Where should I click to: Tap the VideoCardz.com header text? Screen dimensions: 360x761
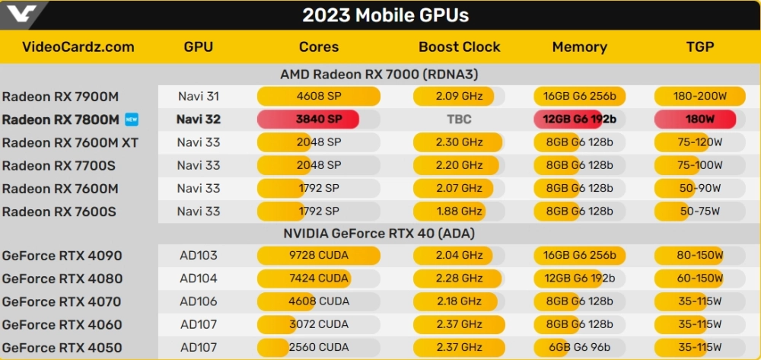(78, 47)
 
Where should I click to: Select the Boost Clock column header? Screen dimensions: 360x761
(460, 47)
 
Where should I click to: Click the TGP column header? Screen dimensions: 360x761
(699, 47)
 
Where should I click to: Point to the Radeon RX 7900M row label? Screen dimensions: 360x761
(61, 97)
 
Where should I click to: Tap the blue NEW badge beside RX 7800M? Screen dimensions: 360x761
(132, 119)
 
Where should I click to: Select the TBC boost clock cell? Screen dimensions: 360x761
(460, 119)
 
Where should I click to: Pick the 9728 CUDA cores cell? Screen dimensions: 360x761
(319, 256)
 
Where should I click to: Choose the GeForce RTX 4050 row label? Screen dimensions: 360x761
(62, 347)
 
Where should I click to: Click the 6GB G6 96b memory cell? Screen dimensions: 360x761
(579, 347)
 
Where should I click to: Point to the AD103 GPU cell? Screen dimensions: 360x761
(198, 256)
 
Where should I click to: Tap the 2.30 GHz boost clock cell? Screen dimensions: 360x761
(460, 142)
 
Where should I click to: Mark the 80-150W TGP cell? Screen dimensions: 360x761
(699, 256)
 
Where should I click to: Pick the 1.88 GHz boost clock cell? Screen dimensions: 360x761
(460, 211)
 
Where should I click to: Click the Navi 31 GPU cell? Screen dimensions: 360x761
(198, 97)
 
